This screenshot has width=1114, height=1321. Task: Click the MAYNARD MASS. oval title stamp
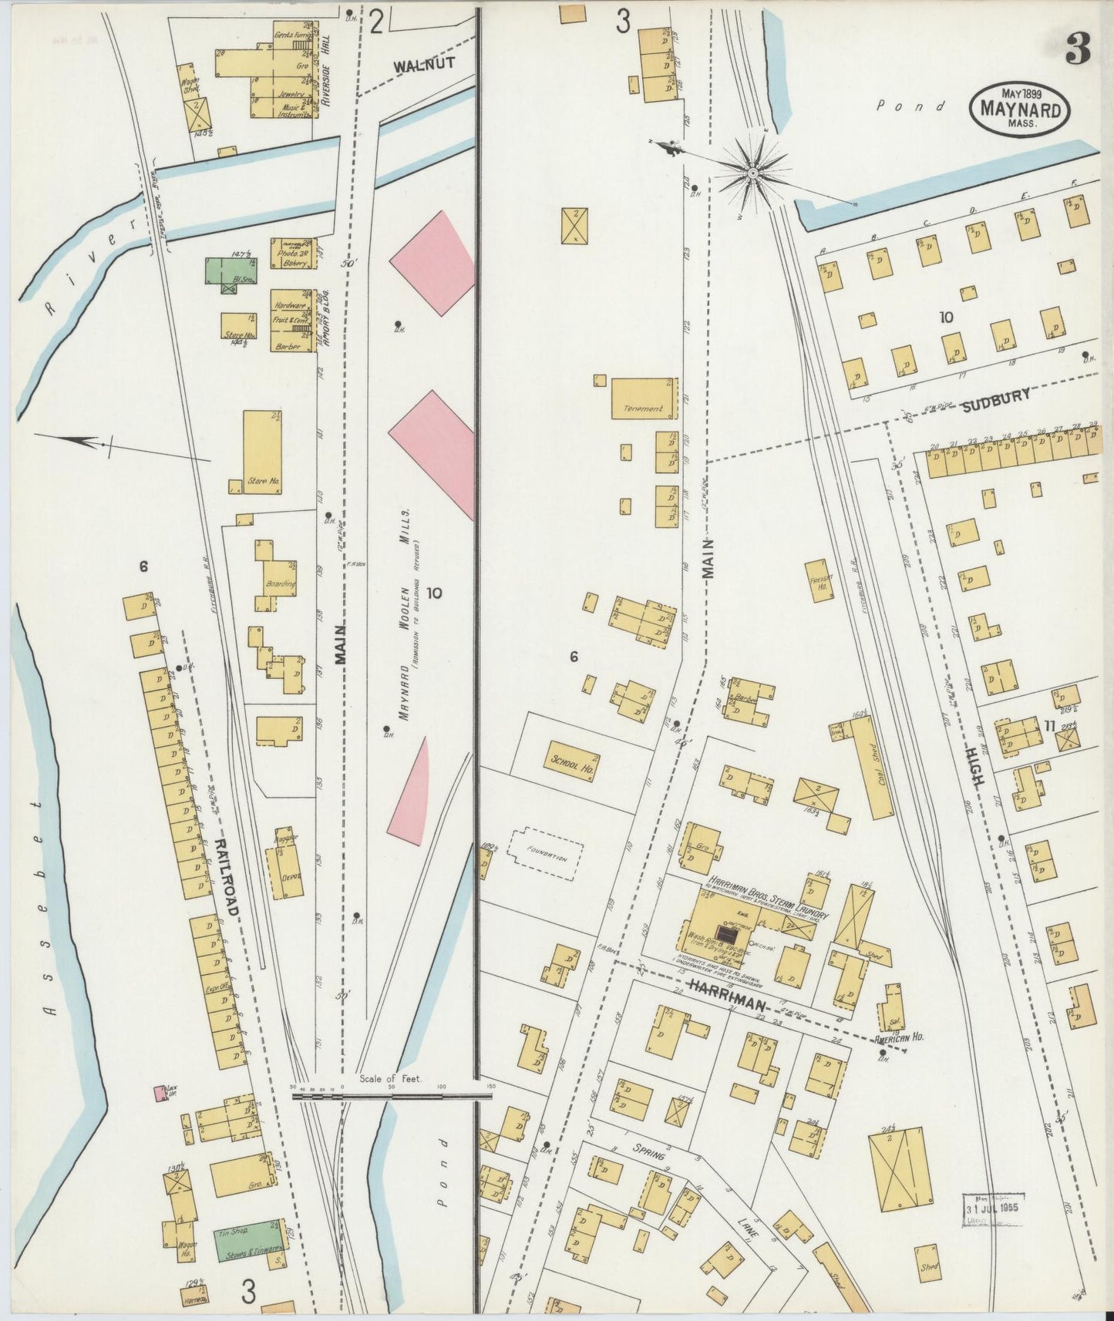point(1019,110)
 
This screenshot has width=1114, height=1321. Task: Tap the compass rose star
point(752,174)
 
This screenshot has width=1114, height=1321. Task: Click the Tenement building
point(645,398)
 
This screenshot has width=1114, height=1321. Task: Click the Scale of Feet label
point(391,1079)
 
